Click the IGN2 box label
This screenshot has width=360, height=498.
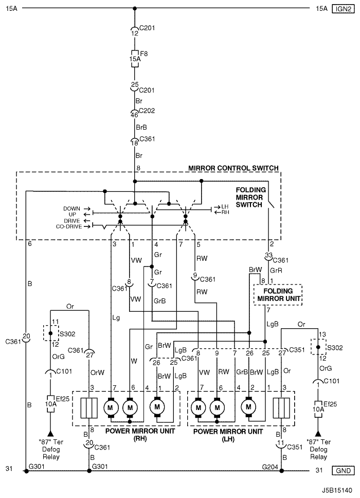(343, 9)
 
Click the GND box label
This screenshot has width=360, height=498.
(343, 470)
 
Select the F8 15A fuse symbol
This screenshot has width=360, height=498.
(135, 59)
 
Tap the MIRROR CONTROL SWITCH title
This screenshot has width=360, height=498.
(233, 168)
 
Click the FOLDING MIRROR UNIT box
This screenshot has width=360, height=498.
(278, 295)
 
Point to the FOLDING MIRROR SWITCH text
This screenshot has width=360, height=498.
(250, 197)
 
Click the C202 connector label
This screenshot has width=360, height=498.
(147, 111)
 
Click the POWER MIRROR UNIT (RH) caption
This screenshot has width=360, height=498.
(140, 435)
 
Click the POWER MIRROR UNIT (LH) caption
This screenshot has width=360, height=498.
(228, 435)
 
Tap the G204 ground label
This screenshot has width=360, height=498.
(270, 467)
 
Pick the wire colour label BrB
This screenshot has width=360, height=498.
(141, 128)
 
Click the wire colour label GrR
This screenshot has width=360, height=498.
(276, 271)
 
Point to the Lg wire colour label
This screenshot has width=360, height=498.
(116, 317)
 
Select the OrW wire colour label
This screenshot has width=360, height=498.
(97, 372)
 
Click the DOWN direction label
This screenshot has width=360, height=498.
(72, 209)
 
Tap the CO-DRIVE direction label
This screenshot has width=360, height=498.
(69, 226)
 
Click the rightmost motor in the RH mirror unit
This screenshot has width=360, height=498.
(157, 407)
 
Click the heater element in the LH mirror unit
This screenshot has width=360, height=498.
(281, 408)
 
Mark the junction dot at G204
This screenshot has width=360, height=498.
(281, 471)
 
